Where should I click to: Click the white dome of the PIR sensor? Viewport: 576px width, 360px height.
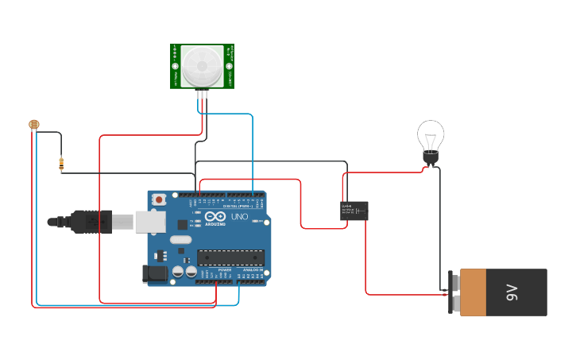[201, 65]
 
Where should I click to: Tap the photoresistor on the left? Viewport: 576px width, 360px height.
[33, 124]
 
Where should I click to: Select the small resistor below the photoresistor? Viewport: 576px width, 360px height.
[61, 165]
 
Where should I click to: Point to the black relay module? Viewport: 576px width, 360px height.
[354, 211]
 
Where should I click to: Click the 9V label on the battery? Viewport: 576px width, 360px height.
[512, 292]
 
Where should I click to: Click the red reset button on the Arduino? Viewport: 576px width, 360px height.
[159, 199]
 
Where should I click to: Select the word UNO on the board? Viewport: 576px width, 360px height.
[239, 217]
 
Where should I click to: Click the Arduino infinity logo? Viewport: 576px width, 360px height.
[215, 216]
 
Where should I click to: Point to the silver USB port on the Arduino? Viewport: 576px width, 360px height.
[150, 222]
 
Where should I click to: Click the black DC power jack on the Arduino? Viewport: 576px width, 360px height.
[154, 274]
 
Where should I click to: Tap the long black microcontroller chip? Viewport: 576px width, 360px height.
[230, 257]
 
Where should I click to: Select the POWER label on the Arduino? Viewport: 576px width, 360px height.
[225, 269]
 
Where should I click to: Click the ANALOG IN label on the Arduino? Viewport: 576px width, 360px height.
[253, 269]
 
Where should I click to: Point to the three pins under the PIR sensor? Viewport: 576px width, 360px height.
[203, 94]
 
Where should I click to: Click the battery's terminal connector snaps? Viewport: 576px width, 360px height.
[452, 292]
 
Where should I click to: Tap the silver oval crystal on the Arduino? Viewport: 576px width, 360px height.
[180, 239]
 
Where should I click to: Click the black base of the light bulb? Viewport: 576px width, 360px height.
[431, 159]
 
